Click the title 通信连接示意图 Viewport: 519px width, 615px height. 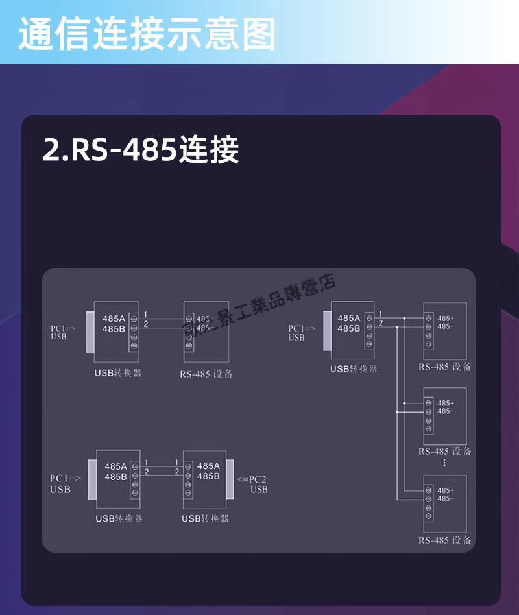147,33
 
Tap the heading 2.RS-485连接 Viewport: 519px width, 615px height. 141,150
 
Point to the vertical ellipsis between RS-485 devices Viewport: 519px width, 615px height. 444,463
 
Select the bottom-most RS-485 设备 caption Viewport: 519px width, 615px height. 445,540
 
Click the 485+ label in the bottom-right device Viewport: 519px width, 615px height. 446,490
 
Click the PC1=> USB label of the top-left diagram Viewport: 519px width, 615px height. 63,332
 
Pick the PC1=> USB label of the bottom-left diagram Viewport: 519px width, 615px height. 65,483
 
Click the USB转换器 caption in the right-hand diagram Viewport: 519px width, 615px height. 354,368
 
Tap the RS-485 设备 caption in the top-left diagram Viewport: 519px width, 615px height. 206,374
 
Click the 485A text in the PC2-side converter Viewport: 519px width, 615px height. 208,466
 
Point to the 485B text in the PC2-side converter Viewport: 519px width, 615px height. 208,476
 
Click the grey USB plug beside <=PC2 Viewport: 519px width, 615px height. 230,480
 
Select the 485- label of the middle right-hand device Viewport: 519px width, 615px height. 446,411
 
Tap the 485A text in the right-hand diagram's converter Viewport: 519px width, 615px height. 348,318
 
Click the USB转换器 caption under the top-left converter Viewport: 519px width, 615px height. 118,374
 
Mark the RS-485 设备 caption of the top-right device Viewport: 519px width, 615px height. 445,367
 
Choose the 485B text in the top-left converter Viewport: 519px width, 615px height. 114,328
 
